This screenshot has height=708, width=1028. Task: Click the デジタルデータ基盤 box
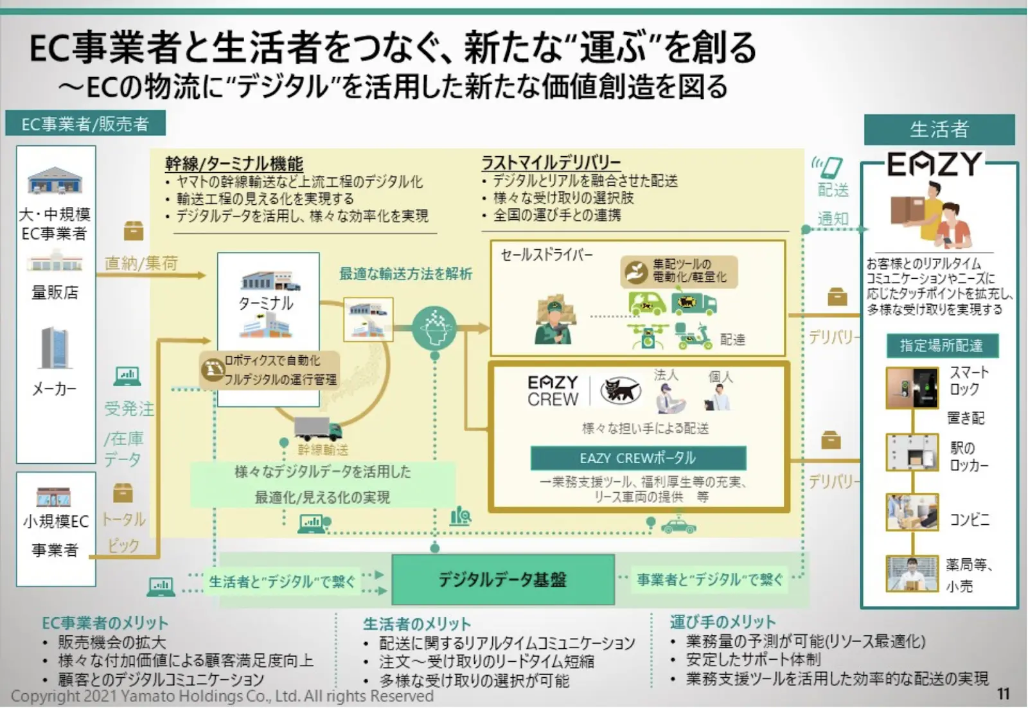coord(502,580)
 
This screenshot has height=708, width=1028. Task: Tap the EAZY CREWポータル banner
coord(638,458)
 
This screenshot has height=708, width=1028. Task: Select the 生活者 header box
coord(939,130)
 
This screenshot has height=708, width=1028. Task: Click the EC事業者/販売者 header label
coord(85,123)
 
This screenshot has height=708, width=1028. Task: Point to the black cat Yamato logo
coord(620,390)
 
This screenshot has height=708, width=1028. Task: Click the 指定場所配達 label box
coord(941,346)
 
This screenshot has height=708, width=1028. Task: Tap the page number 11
coord(1003,694)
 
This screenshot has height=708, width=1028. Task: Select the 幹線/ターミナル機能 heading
coord(234,164)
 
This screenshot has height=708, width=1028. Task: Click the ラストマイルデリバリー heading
coord(551,163)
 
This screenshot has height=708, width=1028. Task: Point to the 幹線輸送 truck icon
coord(317,428)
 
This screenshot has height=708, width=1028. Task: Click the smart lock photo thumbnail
coord(911,388)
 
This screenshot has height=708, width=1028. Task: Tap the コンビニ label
coord(970,519)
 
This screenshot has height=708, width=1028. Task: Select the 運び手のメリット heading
coord(722,622)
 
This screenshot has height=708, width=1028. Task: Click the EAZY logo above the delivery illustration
coord(935,164)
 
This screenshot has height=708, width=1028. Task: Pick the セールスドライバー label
coord(547,255)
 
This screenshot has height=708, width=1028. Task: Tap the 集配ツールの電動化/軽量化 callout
coord(680,271)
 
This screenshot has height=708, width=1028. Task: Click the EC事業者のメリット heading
coord(105,623)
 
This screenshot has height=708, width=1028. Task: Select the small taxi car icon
coord(678,527)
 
